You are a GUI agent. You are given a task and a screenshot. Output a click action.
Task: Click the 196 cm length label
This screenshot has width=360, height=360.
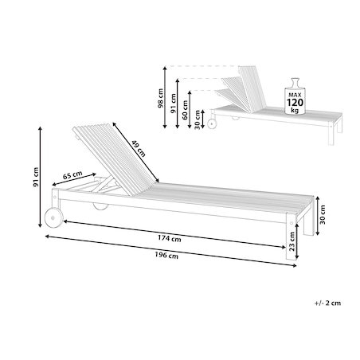(166, 256)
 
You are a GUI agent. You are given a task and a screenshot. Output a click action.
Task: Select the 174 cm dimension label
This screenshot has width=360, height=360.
(170, 238)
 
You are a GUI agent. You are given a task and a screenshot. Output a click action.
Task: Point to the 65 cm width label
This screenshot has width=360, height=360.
(72, 175)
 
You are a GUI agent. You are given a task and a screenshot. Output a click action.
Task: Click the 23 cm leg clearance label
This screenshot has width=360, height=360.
(292, 241)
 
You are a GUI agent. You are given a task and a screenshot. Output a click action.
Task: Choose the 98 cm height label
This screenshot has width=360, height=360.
(160, 98)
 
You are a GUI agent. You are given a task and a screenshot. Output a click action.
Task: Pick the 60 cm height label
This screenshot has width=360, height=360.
(185, 110)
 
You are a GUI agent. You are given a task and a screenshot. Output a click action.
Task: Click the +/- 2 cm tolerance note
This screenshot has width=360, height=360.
(327, 303)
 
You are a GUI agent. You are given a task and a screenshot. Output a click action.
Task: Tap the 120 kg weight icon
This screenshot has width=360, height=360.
(295, 96)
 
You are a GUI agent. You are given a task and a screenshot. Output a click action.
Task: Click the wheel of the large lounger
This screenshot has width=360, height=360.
(53, 217)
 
